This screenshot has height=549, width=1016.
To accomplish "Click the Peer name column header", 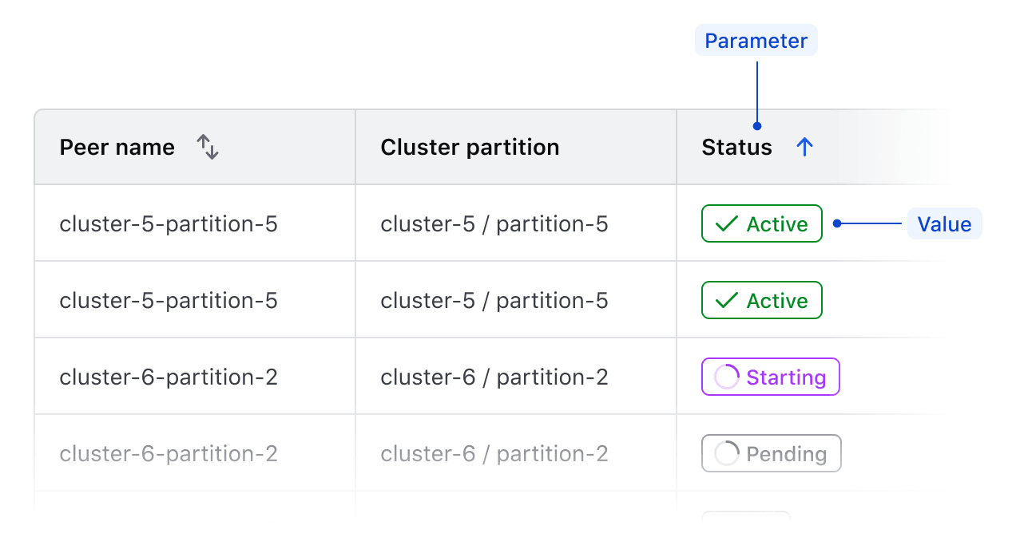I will (117, 148).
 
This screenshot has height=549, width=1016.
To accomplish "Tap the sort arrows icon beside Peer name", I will (208, 147).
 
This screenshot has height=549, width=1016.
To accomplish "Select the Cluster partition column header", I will (470, 148).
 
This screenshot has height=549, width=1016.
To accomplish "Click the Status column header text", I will (736, 148).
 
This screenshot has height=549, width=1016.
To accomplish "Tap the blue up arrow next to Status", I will (804, 147).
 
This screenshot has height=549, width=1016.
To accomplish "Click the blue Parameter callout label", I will (756, 41).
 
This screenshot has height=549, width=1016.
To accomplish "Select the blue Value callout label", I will (944, 224).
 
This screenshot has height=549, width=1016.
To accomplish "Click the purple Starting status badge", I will (770, 377).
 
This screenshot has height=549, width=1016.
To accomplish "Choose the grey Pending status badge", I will (771, 453).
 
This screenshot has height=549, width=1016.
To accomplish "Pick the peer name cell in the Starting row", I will (169, 377).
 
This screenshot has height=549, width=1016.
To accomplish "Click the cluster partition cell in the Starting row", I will (494, 377).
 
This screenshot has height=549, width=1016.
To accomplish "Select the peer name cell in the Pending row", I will (169, 453).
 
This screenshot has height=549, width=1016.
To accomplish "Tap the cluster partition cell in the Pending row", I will (494, 453).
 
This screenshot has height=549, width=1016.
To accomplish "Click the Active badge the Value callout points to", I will (761, 224).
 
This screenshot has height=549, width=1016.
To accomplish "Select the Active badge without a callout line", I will (761, 301).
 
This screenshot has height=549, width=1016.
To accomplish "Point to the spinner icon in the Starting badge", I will (726, 377).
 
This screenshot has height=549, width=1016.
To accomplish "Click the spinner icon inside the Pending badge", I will (726, 453).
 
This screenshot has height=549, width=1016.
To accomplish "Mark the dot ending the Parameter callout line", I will (756, 125).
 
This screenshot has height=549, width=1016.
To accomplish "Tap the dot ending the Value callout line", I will (836, 224).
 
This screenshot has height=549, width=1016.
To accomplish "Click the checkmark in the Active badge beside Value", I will (726, 224).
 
